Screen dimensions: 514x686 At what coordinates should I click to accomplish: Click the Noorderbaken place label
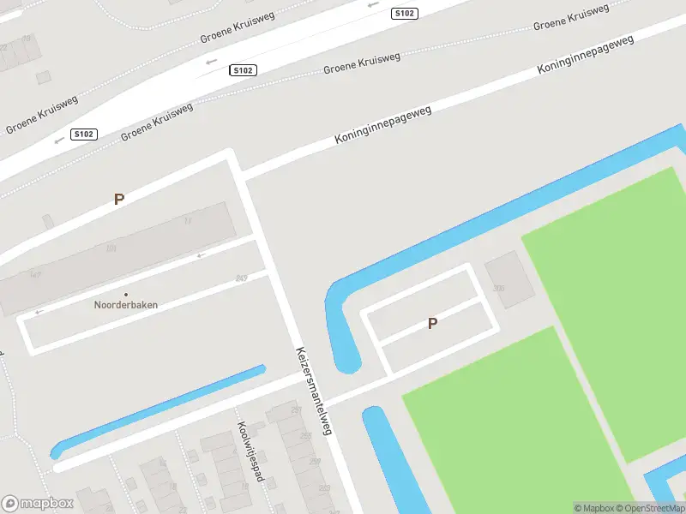[x=126, y=304]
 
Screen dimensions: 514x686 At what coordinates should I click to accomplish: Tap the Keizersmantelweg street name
[x=313, y=391]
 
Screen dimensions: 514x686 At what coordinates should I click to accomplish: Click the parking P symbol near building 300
[x=433, y=323]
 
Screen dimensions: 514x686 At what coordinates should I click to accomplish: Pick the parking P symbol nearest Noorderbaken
[x=119, y=199]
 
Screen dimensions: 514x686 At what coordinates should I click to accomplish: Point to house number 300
[x=498, y=290]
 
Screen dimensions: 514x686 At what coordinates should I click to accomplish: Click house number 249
[x=241, y=278]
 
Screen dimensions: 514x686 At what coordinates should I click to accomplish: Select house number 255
[x=306, y=437]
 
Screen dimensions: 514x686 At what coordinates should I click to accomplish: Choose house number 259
[x=316, y=462]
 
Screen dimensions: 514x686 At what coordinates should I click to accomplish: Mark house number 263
[x=324, y=488]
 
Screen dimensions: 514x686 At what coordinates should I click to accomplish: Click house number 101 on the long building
[x=111, y=249]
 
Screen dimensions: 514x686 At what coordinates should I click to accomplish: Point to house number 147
[x=35, y=275]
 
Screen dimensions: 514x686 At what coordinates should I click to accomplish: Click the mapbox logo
[x=38, y=503]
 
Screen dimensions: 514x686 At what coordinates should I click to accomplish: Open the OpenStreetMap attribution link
[x=649, y=508]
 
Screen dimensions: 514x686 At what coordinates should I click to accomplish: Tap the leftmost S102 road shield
[x=83, y=134]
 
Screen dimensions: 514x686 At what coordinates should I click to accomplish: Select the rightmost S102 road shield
[x=404, y=14]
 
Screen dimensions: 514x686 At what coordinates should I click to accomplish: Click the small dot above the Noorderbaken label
[x=126, y=294]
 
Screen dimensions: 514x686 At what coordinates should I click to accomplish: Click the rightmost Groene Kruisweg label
[x=571, y=17]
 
